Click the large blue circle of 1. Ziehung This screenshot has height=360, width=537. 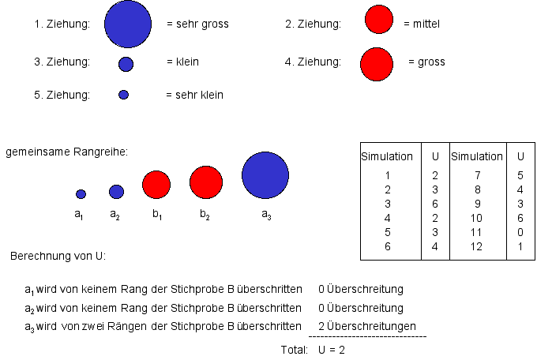[x=127, y=24]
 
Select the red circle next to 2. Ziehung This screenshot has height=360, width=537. [x=379, y=21]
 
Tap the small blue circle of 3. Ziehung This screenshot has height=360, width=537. [x=126, y=64]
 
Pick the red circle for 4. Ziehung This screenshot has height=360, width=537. [x=376, y=64]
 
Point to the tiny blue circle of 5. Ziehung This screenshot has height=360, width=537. [x=123, y=95]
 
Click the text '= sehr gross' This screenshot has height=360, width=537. [x=197, y=24]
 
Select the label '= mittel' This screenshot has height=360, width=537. [x=421, y=24]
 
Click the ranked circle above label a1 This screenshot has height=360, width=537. [x=81, y=193]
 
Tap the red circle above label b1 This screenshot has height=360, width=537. [x=156, y=184]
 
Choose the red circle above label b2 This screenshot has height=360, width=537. [x=206, y=182]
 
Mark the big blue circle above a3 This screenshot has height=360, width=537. [x=265, y=175]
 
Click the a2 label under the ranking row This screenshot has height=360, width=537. [x=115, y=214]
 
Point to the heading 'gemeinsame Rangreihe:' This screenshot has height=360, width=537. [x=67, y=151]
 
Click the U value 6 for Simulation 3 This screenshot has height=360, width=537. [x=435, y=204]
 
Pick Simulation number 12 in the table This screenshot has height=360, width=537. [x=476, y=246]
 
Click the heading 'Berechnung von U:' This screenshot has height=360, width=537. [x=58, y=257]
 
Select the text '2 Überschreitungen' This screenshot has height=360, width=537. [x=367, y=326]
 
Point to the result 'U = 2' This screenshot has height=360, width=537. [x=332, y=349]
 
